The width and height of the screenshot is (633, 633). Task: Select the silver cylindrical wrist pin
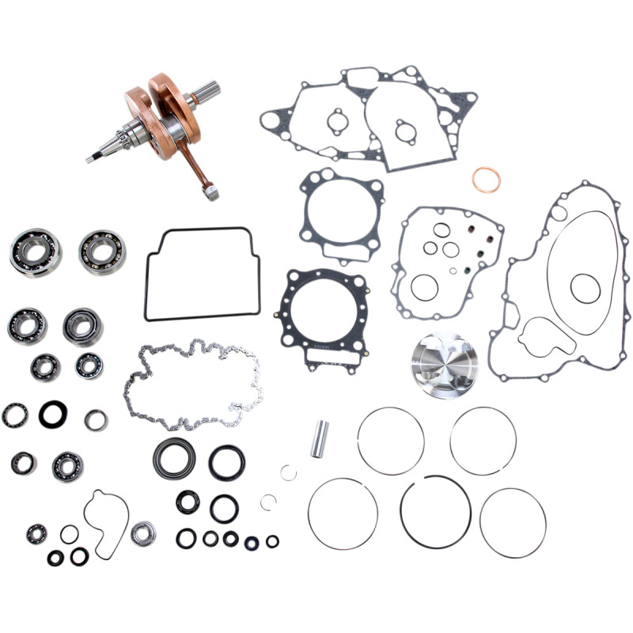click(319, 439)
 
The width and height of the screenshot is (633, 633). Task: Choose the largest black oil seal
click(173, 457)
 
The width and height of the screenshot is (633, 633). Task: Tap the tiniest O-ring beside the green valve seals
click(452, 271)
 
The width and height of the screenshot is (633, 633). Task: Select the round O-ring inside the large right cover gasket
click(586, 288)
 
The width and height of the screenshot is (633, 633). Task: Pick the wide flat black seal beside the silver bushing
click(53, 413)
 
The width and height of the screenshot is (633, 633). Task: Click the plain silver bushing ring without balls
click(96, 420)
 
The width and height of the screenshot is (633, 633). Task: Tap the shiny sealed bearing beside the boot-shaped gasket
click(143, 533)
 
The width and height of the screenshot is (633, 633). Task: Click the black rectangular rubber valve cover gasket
click(202, 274)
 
